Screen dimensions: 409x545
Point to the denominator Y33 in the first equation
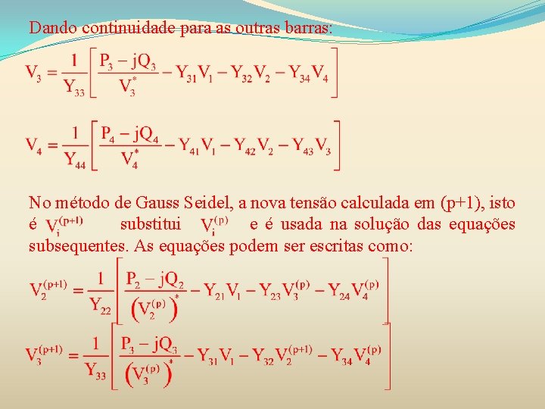pyautogui.click(x=74, y=88)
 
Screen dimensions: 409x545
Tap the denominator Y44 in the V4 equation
pyautogui.click(x=75, y=159)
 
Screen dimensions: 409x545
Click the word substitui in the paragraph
pyautogui.click(x=150, y=224)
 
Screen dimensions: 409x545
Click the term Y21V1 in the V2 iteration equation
pyautogui.click(x=223, y=290)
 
